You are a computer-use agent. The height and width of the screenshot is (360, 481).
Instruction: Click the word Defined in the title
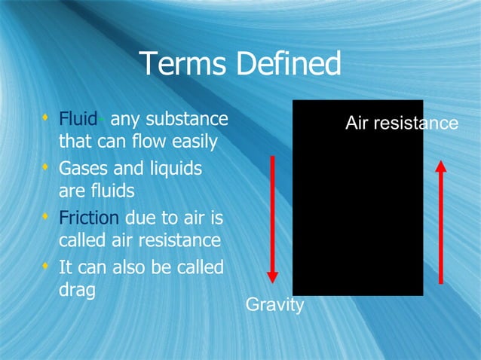(x=289, y=65)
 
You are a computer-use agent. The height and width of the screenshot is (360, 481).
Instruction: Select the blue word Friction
(x=88, y=218)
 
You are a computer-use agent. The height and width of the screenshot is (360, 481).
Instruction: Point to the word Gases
(x=83, y=169)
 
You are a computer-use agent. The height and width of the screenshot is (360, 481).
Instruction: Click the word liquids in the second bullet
(x=174, y=169)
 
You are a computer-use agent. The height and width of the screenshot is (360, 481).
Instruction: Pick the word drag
(x=77, y=291)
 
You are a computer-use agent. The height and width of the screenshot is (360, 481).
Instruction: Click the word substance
(x=187, y=119)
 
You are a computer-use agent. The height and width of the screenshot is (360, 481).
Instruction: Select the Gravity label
(x=275, y=305)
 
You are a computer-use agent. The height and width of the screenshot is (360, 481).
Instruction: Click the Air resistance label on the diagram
(x=401, y=123)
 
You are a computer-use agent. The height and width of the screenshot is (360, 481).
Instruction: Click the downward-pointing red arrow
(x=273, y=218)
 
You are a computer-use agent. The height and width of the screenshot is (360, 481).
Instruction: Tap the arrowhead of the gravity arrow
(x=273, y=276)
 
